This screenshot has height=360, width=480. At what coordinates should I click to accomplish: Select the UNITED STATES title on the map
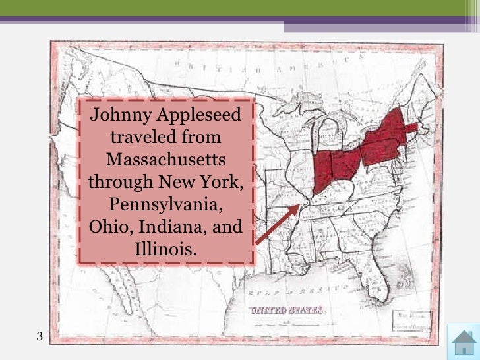point(286,310)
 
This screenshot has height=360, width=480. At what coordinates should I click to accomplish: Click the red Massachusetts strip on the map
point(410,128)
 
